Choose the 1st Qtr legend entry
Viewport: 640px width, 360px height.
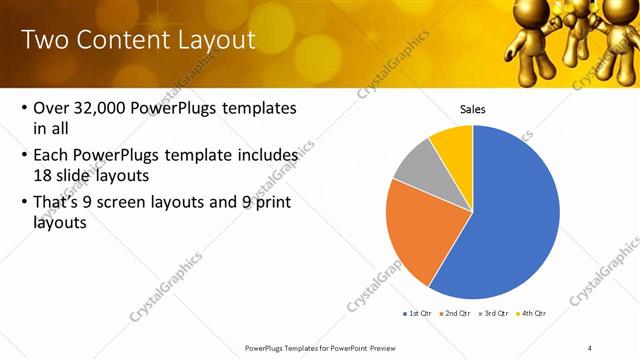pyautogui.click(x=417, y=313)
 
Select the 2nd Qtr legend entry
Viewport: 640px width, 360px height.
pyautogui.click(x=456, y=313)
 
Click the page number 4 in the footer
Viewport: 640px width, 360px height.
pyautogui.click(x=590, y=347)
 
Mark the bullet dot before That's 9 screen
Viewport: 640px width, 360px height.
pyautogui.click(x=22, y=204)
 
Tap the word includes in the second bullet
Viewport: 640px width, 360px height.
pyautogui.click(x=265, y=156)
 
